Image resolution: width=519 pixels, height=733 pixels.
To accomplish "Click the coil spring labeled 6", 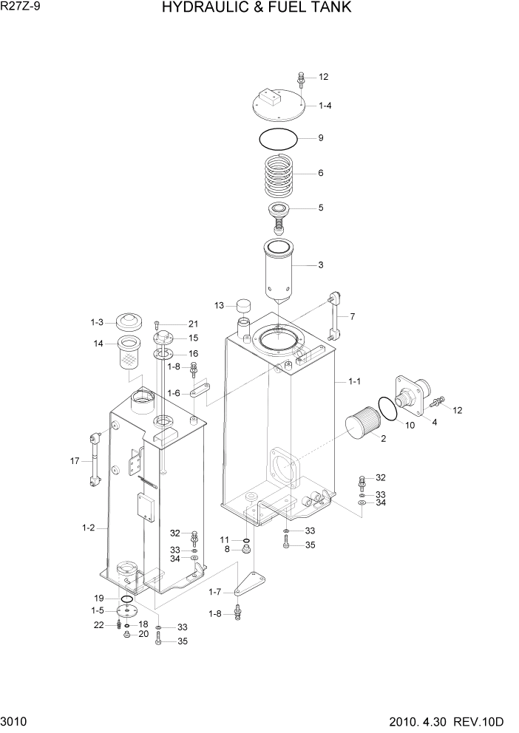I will [279, 176].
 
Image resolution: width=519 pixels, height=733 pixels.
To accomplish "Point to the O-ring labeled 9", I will [279, 138].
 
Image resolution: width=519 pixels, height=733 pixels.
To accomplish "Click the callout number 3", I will [320, 265].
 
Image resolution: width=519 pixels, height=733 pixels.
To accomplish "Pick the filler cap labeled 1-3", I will [130, 323].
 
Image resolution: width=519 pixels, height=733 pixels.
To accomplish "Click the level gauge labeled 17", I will [94, 459].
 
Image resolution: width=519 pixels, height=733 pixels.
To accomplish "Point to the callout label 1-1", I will [354, 381].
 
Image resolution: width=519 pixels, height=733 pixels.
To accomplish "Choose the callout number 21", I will [193, 324].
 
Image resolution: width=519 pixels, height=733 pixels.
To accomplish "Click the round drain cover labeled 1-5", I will [127, 611].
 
